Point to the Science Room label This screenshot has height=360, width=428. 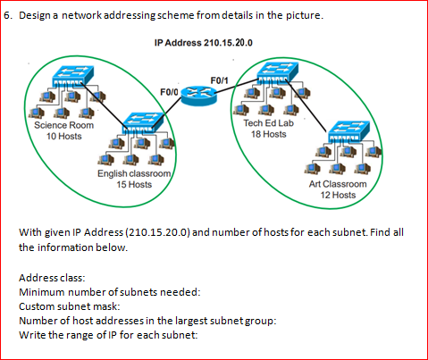(x=63, y=125)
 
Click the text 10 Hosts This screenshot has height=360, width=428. (x=63, y=136)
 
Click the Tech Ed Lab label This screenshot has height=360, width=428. (x=268, y=123)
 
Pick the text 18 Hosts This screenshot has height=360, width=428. (x=268, y=134)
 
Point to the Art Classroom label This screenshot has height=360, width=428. (x=338, y=183)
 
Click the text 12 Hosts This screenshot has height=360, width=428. (x=338, y=194)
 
